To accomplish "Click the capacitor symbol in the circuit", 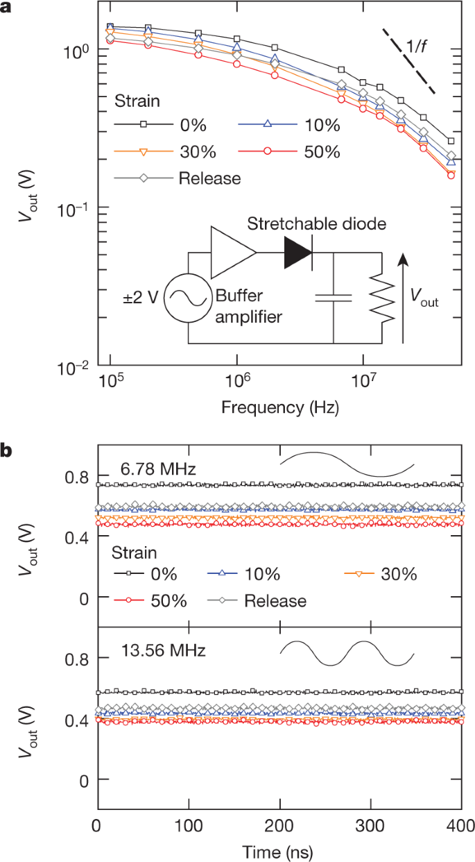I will [x=334, y=298].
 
